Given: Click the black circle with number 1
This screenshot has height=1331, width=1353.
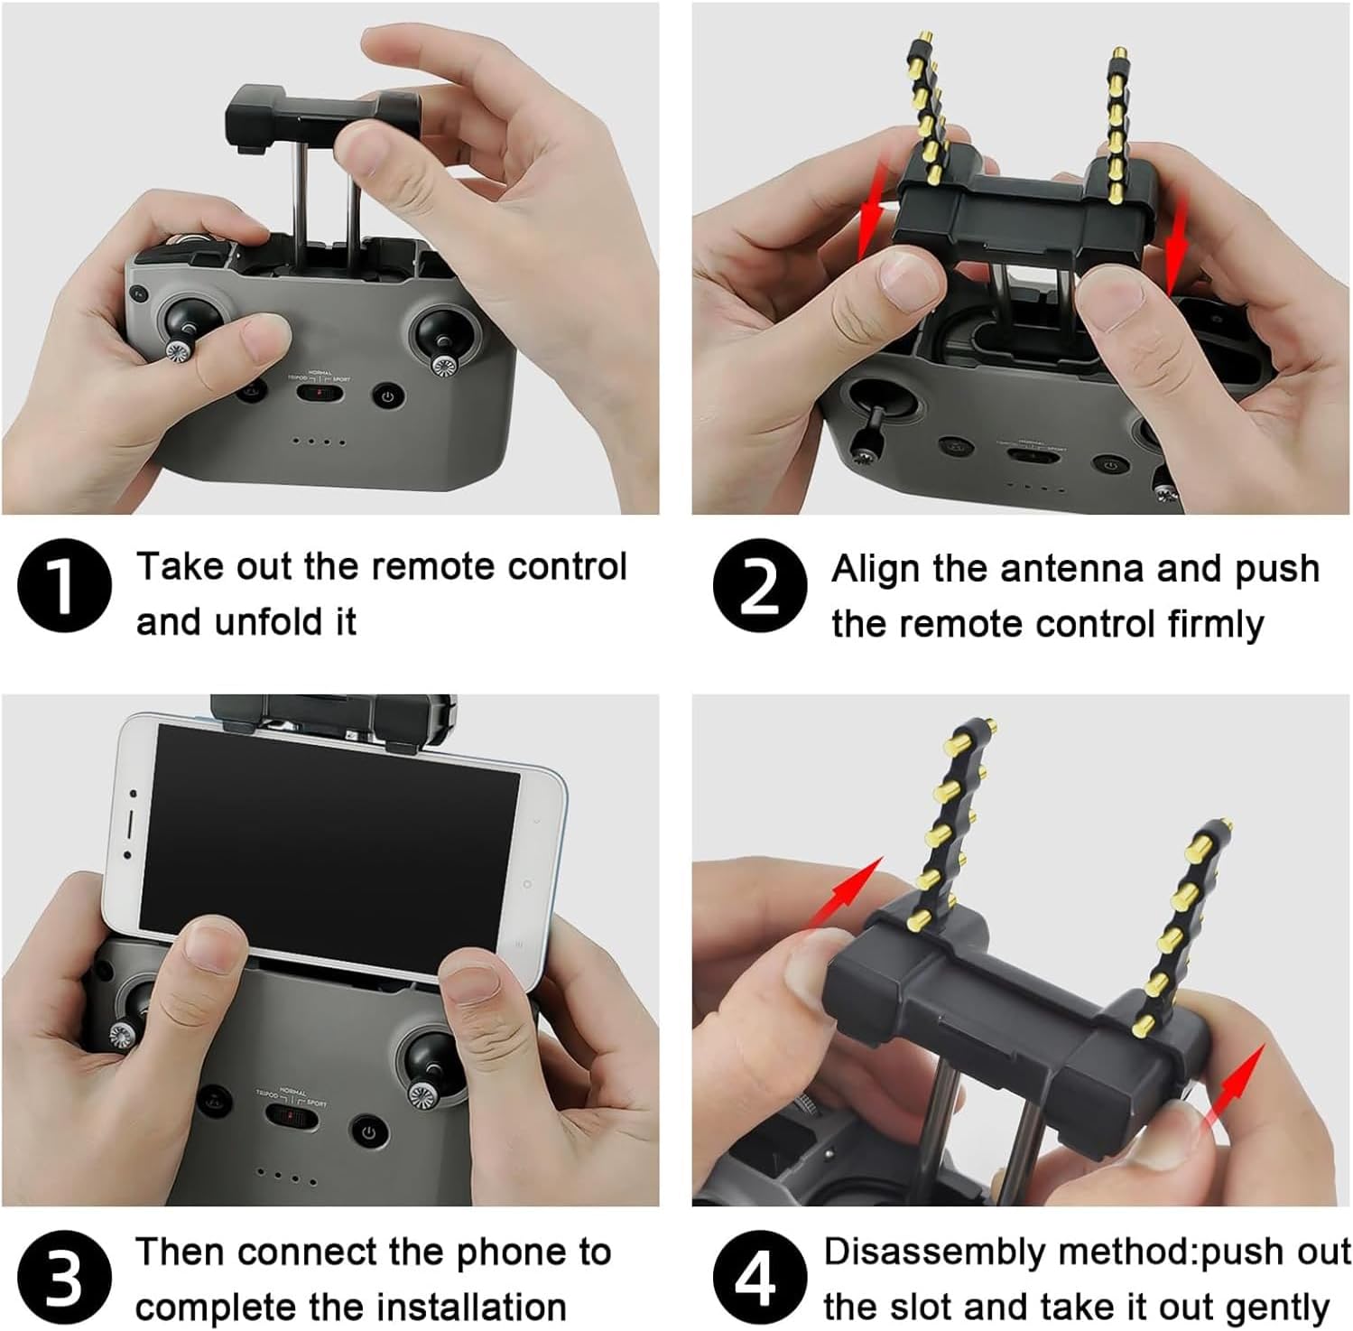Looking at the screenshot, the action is (64, 585).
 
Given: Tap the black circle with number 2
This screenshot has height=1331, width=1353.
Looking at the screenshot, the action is (760, 585).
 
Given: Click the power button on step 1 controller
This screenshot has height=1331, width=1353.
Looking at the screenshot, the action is (388, 396).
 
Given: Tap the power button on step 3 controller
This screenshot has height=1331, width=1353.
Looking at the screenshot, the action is (368, 1131).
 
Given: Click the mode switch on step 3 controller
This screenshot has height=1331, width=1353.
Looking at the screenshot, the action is (292, 1118).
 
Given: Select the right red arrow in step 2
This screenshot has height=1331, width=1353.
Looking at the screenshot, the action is (1176, 244).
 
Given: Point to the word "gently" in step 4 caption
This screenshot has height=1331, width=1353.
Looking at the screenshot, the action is (1274, 1308).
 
